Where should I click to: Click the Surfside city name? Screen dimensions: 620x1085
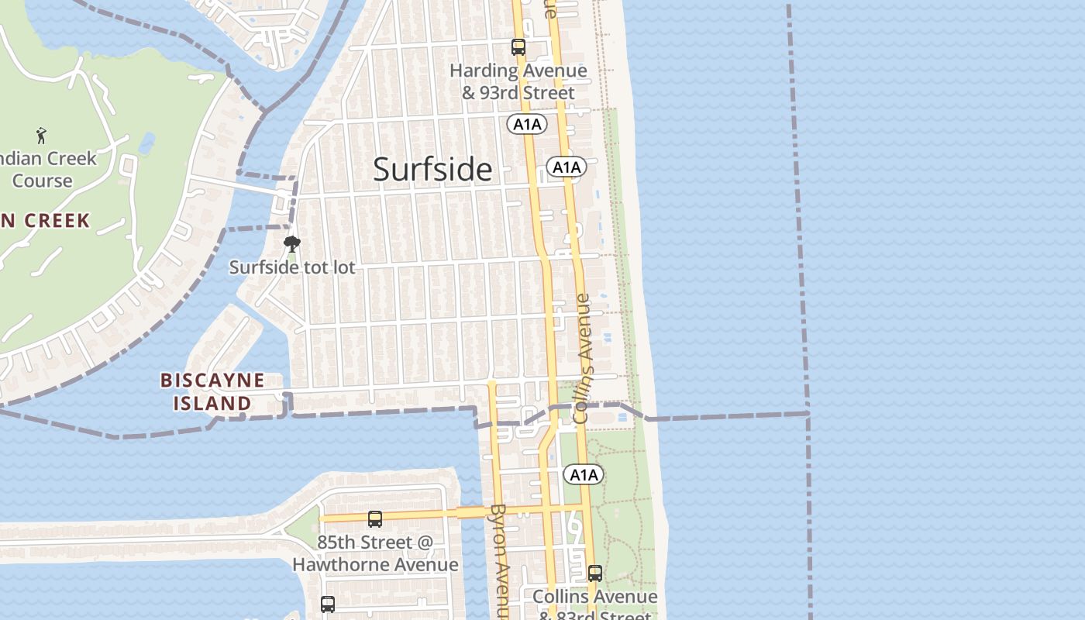(x=432, y=169)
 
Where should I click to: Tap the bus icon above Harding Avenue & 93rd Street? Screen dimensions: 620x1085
(x=518, y=47)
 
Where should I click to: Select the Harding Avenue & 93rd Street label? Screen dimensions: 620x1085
(x=518, y=81)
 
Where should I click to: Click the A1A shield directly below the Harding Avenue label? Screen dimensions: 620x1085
(x=528, y=124)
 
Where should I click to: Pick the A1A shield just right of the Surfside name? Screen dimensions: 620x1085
(x=566, y=167)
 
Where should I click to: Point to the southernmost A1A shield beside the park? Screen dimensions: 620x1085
(x=583, y=474)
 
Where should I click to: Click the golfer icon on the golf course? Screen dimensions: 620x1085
(x=41, y=136)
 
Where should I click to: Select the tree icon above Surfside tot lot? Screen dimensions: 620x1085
(x=291, y=245)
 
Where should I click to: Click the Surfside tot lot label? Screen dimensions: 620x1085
(x=292, y=267)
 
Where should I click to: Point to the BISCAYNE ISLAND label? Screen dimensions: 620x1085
(x=212, y=392)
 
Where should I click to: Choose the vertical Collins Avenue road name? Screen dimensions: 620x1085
(x=583, y=358)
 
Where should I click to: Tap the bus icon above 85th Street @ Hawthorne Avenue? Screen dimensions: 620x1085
(x=375, y=518)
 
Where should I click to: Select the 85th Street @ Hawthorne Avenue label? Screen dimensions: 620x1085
(x=375, y=553)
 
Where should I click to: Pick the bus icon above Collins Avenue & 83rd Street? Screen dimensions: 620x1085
(x=595, y=573)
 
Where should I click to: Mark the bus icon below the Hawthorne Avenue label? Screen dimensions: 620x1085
(x=328, y=604)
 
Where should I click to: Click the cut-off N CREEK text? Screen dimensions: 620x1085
(x=45, y=221)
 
